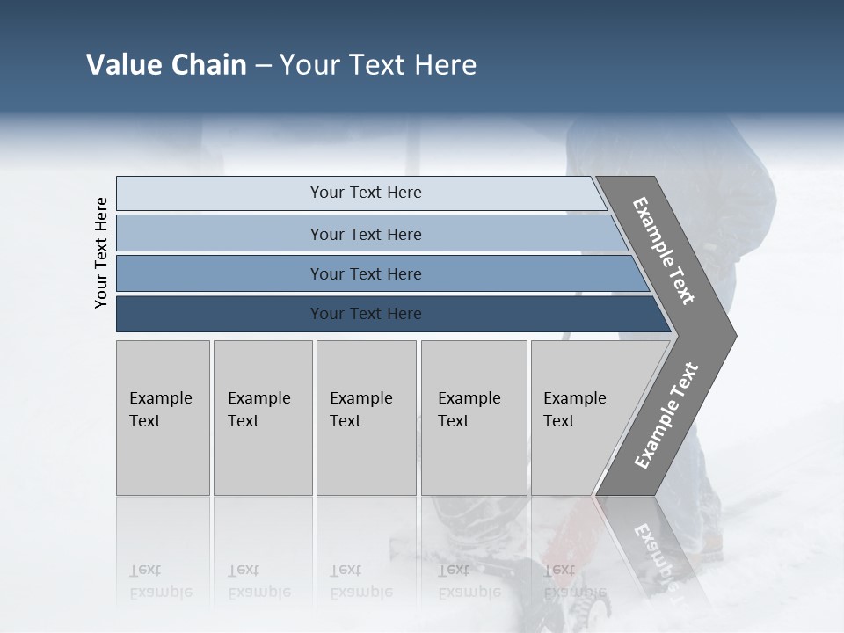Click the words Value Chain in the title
[166, 65]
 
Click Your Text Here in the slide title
[378, 65]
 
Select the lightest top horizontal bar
[220, 193]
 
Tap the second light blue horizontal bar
[220, 234]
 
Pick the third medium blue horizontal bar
[220, 273]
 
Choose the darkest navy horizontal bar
[220, 314]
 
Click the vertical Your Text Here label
[101, 252]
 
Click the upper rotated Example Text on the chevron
[664, 251]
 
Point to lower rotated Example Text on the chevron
[666, 416]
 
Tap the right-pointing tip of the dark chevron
[731, 335]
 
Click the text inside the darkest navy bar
[366, 314]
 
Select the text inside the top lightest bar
[366, 193]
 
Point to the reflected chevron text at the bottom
[656, 554]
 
